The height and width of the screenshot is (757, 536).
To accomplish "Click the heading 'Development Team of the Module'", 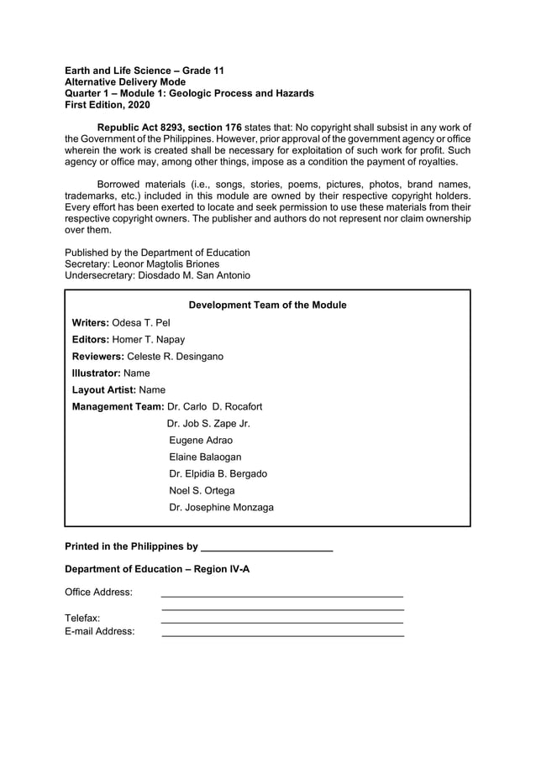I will tap(267, 305).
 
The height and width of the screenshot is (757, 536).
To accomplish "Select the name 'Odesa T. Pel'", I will tap(140, 323).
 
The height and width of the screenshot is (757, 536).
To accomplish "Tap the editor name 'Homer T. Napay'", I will tap(148, 340).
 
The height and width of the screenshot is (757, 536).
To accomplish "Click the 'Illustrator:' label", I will tap(96, 373).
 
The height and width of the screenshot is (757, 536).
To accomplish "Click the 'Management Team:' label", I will tap(118, 407).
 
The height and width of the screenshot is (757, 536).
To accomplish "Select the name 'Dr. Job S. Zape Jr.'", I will tap(208, 424).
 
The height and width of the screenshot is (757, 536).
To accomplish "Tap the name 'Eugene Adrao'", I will tap(201, 441).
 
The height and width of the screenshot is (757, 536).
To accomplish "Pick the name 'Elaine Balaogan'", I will tap(205, 457).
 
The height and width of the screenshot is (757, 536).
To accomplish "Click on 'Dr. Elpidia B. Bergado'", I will tap(218, 474).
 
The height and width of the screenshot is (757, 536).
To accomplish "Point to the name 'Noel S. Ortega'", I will tap(202, 491).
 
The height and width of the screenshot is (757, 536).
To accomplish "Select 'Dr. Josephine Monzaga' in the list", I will tap(221, 508).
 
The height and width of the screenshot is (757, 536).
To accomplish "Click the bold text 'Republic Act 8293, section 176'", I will tap(170, 127).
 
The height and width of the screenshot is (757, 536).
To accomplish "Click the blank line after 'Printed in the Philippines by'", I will tap(267, 548).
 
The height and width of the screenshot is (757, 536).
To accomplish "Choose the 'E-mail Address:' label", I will tap(99, 632).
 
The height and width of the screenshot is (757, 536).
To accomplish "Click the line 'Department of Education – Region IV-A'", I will tap(157, 569).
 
